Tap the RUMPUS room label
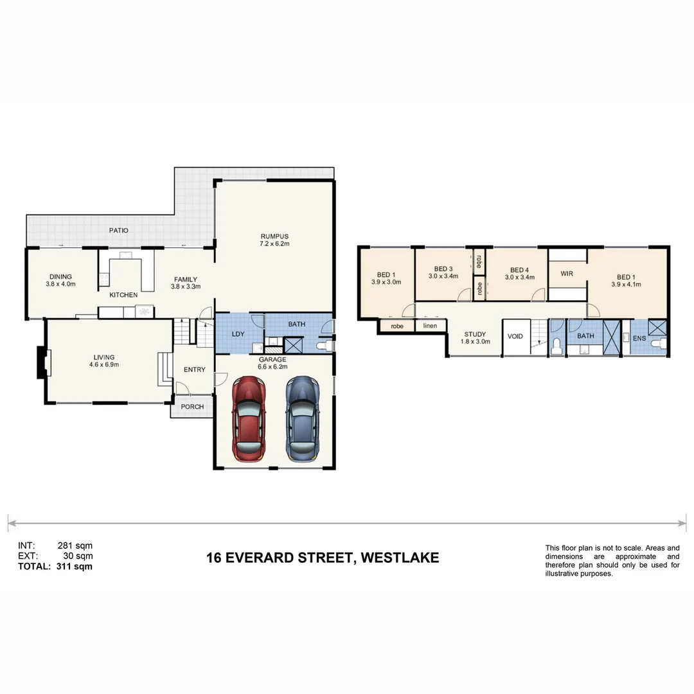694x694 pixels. tap(274, 235)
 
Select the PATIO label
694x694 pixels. tap(118, 230)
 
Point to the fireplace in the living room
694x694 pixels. tap(42, 363)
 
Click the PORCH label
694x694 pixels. tap(192, 407)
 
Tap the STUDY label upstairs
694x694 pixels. tap(476, 334)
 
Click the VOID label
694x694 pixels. tap(515, 336)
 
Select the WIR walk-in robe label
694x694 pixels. tap(566, 274)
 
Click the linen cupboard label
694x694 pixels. tap(430, 326)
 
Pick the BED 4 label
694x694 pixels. tap(519, 270)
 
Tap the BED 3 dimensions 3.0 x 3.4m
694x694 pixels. tap(443, 277)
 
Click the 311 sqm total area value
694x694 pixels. tap(75, 567)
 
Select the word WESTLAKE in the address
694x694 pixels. tap(400, 558)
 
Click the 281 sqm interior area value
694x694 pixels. tap(75, 546)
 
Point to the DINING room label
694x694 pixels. tap(60, 276)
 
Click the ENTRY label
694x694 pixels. tap(195, 369)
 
